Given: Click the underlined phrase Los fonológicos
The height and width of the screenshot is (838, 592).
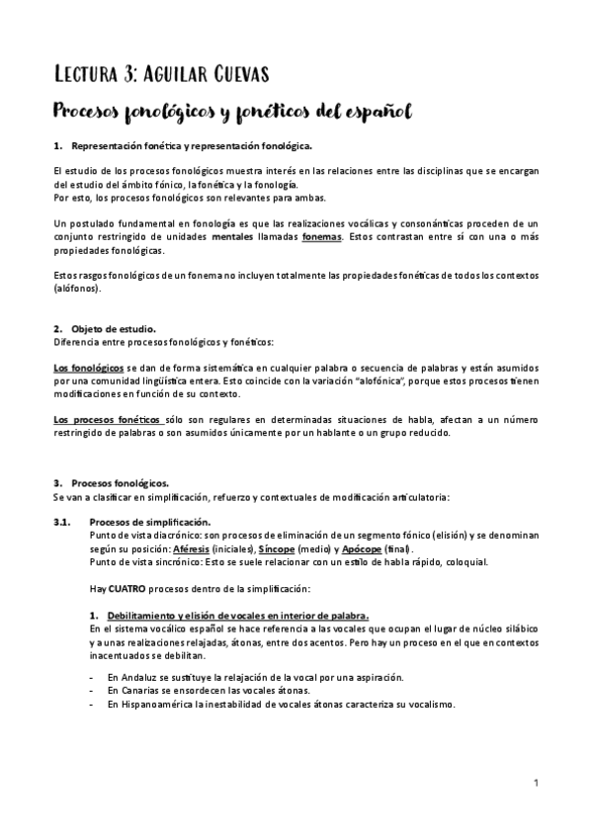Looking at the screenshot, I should pyautogui.click(x=81, y=367).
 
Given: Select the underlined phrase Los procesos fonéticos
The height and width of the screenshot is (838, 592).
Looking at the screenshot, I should pyautogui.click(x=107, y=420).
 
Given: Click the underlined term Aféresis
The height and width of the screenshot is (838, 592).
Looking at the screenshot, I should pyautogui.click(x=191, y=548).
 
